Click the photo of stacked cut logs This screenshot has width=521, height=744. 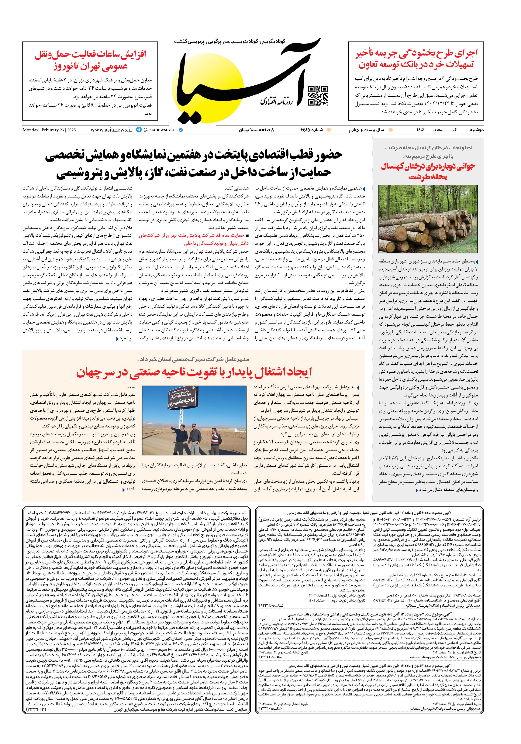428,219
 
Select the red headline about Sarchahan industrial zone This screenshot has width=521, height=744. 194,372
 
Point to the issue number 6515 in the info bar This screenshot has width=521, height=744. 311,130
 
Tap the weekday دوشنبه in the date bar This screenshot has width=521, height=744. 477,130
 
